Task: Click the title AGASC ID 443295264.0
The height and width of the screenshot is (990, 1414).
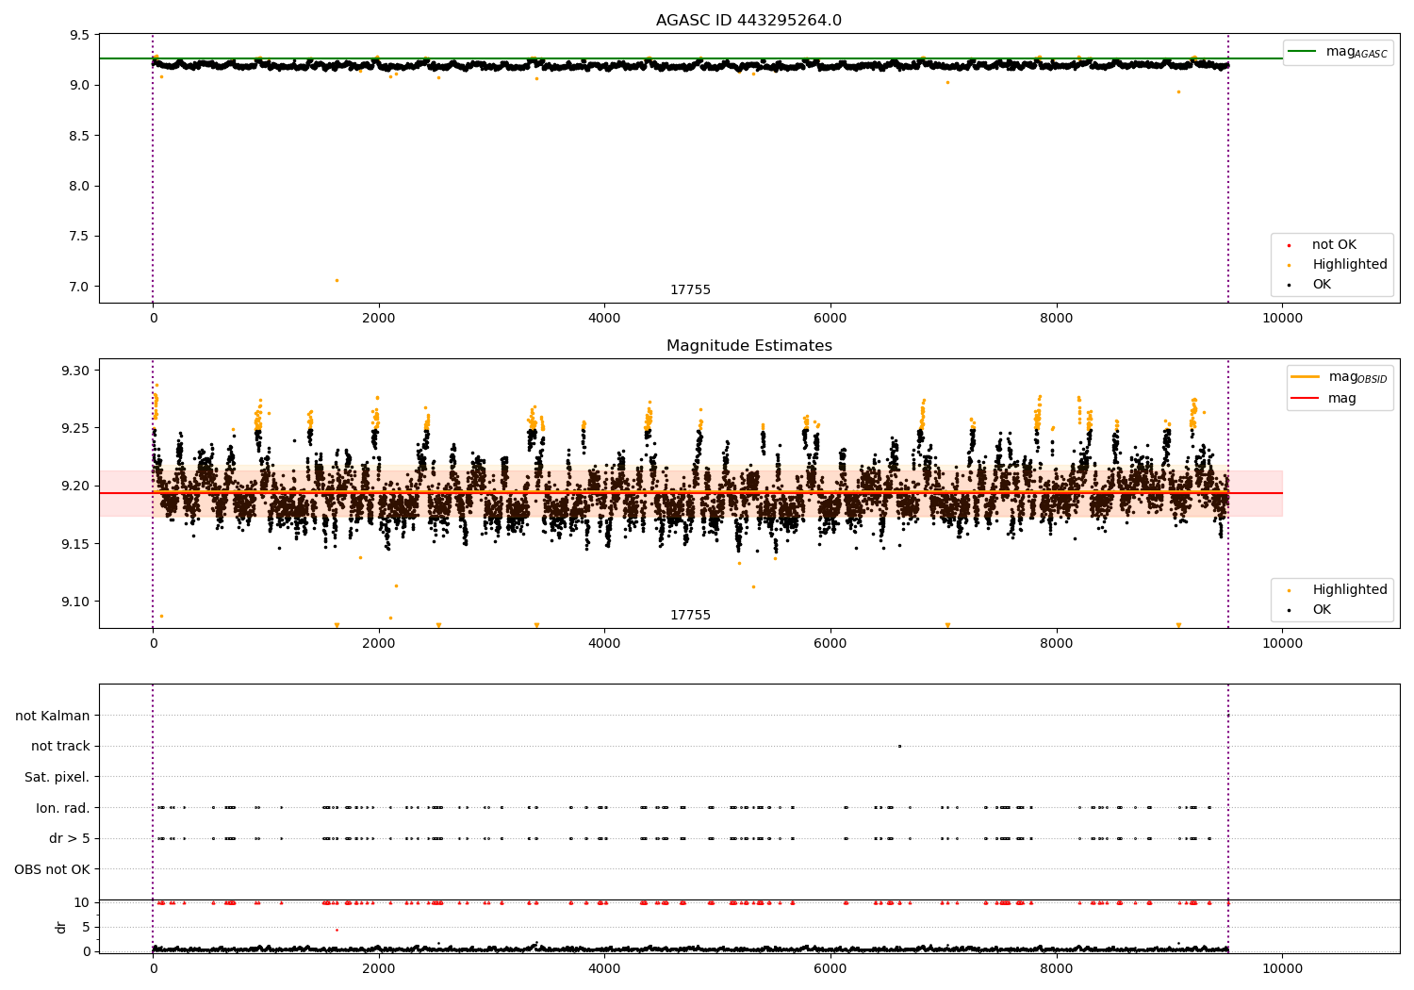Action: [748, 20]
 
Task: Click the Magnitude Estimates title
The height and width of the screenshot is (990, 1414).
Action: [749, 345]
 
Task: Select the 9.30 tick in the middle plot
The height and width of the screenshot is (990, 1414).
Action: [75, 371]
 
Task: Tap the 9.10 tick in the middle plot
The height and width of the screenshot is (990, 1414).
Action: [75, 602]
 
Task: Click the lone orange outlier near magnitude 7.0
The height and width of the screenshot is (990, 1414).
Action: [337, 280]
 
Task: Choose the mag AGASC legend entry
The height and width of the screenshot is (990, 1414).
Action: [1339, 53]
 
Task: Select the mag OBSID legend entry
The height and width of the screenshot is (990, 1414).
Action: [1340, 377]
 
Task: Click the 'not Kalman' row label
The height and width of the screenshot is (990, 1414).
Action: [53, 716]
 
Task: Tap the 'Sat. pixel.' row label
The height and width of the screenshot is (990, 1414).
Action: [57, 777]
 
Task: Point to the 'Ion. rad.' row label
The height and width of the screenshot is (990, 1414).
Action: [62, 807]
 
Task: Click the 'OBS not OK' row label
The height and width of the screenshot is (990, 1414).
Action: [52, 869]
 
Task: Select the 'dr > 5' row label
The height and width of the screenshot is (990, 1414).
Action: [70, 838]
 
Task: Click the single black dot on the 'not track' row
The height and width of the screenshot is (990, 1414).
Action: [899, 747]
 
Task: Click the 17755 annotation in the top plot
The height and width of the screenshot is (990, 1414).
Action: [690, 289]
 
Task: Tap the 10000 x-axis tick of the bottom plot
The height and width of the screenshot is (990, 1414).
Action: [1282, 969]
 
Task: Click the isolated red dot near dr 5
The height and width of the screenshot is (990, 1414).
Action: [337, 930]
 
